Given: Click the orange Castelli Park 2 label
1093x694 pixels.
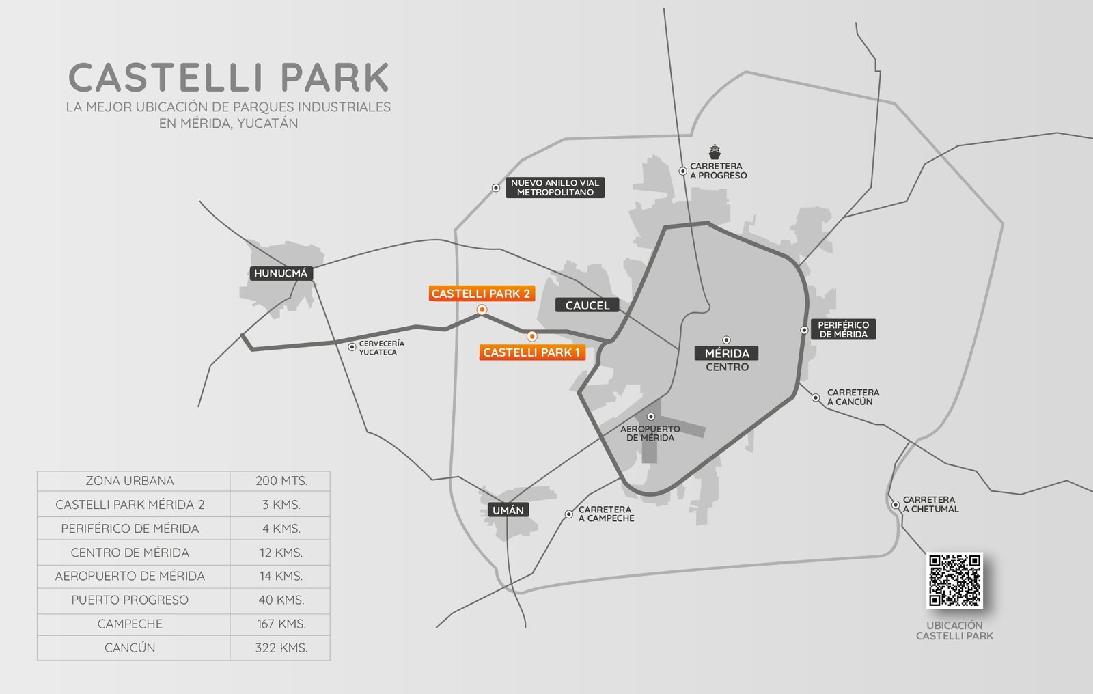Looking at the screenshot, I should pyautogui.click(x=481, y=294).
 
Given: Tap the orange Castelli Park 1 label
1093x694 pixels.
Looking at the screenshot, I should pyautogui.click(x=531, y=352).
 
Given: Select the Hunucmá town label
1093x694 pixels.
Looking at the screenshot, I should pyautogui.click(x=281, y=273).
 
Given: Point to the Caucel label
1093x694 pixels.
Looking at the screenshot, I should pyautogui.click(x=587, y=305).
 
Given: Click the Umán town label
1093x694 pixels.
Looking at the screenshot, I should pyautogui.click(x=508, y=510).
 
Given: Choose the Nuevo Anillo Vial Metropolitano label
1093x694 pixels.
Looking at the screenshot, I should pyautogui.click(x=555, y=188).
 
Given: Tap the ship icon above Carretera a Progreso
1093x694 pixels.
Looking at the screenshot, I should pyautogui.click(x=715, y=151).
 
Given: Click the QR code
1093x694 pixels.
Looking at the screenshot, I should pyautogui.click(x=954, y=581).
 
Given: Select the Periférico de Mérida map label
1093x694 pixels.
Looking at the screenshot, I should pyautogui.click(x=843, y=330).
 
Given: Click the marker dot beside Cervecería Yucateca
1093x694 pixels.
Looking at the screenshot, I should pyautogui.click(x=352, y=347).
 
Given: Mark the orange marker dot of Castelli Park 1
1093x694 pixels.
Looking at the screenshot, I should pyautogui.click(x=532, y=336).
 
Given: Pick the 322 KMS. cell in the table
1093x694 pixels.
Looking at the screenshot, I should pyautogui.click(x=281, y=648).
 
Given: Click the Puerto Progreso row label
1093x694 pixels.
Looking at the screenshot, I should pyautogui.click(x=130, y=600).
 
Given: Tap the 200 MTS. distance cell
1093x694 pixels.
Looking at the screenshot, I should pyautogui.click(x=281, y=481).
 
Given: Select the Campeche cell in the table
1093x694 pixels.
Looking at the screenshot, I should pyautogui.click(x=130, y=624).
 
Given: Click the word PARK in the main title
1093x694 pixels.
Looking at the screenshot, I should pyautogui.click(x=335, y=78).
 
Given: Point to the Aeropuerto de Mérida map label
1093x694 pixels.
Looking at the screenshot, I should pyautogui.click(x=650, y=433).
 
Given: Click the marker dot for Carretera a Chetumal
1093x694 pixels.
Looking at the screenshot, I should pyautogui.click(x=895, y=505).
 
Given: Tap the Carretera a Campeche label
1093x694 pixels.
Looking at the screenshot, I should pyautogui.click(x=606, y=514).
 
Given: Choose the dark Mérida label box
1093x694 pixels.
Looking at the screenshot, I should pyautogui.click(x=727, y=353).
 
